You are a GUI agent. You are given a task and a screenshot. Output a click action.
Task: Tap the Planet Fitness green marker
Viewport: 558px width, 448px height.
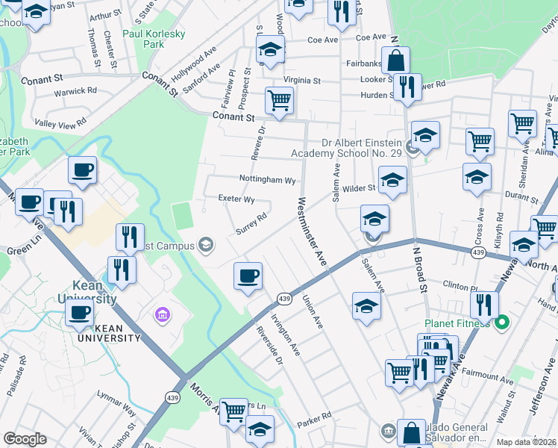pos(502,323)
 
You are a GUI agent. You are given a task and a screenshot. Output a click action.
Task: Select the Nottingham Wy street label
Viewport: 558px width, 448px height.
pos(267,180)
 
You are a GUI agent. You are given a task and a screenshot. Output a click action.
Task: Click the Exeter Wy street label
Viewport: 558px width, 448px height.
pos(236,199)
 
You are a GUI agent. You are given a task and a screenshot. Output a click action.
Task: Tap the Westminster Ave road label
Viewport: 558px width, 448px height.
pos(312,231)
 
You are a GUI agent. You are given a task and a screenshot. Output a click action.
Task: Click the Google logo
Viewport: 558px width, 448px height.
pos(25,438)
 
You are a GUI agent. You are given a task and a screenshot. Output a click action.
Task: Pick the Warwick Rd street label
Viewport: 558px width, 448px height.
pos(75,92)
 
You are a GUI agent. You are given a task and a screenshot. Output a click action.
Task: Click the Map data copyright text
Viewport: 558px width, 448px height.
pos(527,442)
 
